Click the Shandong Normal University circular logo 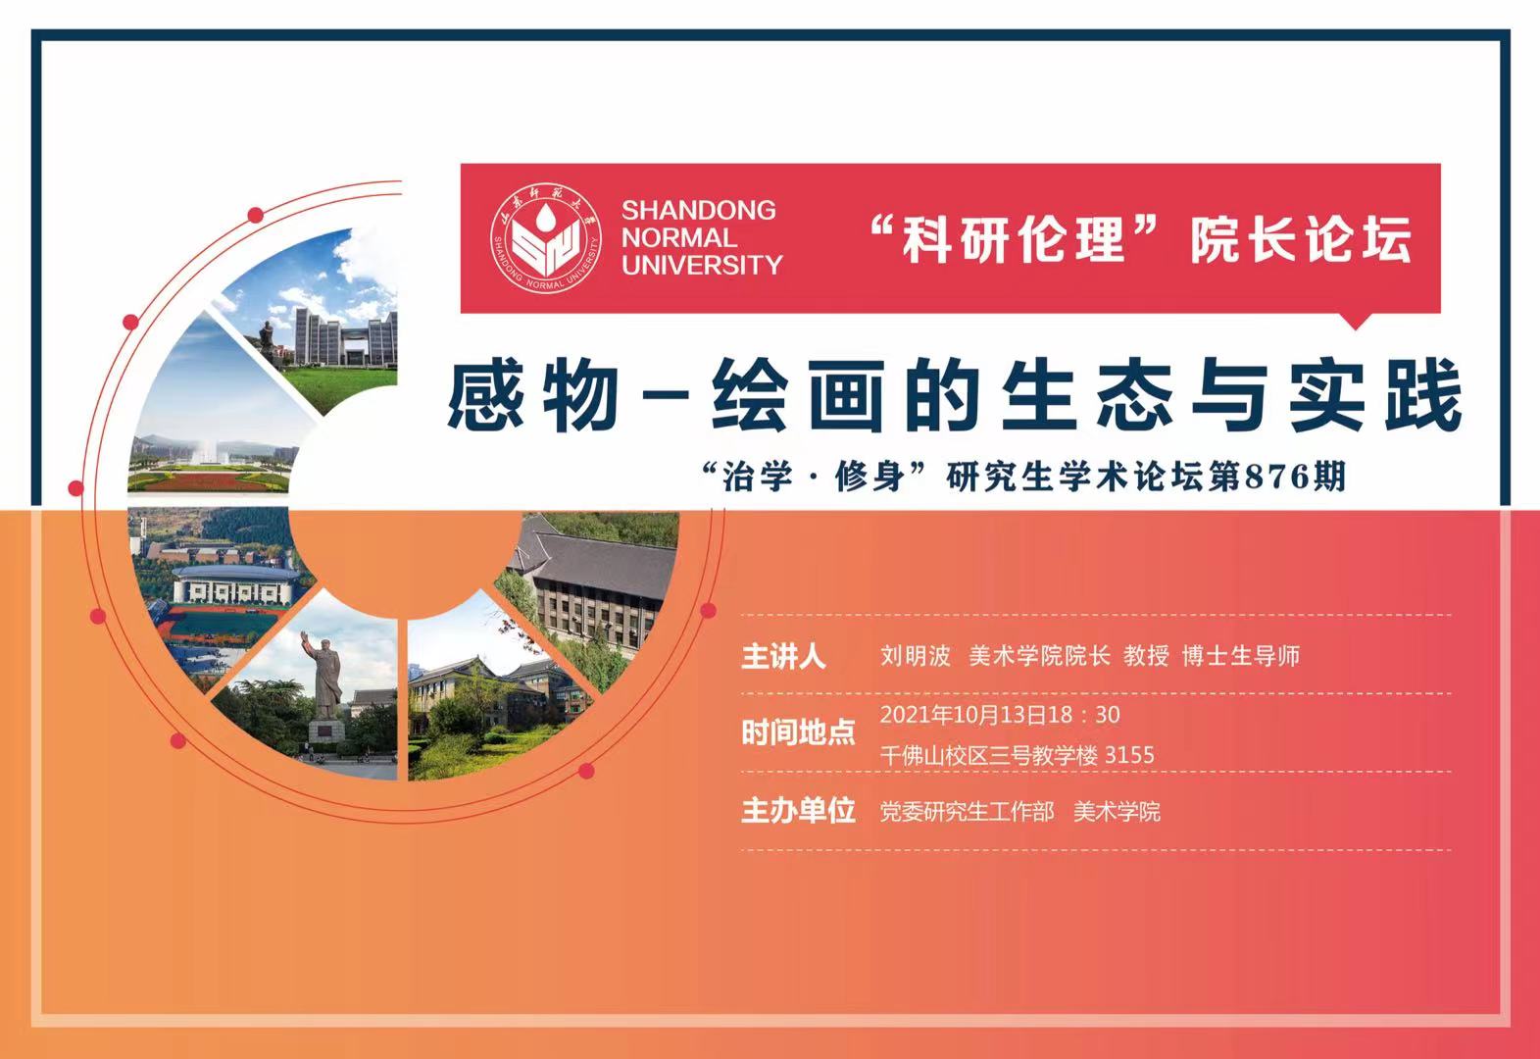click(546, 238)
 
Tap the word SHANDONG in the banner click(699, 211)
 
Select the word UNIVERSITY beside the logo click(702, 265)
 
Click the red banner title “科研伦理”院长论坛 click(1141, 239)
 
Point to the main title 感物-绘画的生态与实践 click(954, 396)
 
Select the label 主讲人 click(783, 656)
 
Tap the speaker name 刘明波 click(915, 656)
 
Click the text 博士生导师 click(1241, 656)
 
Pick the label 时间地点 click(798, 733)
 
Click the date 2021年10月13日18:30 click(1000, 715)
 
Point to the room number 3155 click(1129, 755)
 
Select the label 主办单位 click(798, 811)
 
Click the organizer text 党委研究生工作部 click(967, 812)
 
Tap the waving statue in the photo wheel click(323, 681)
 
